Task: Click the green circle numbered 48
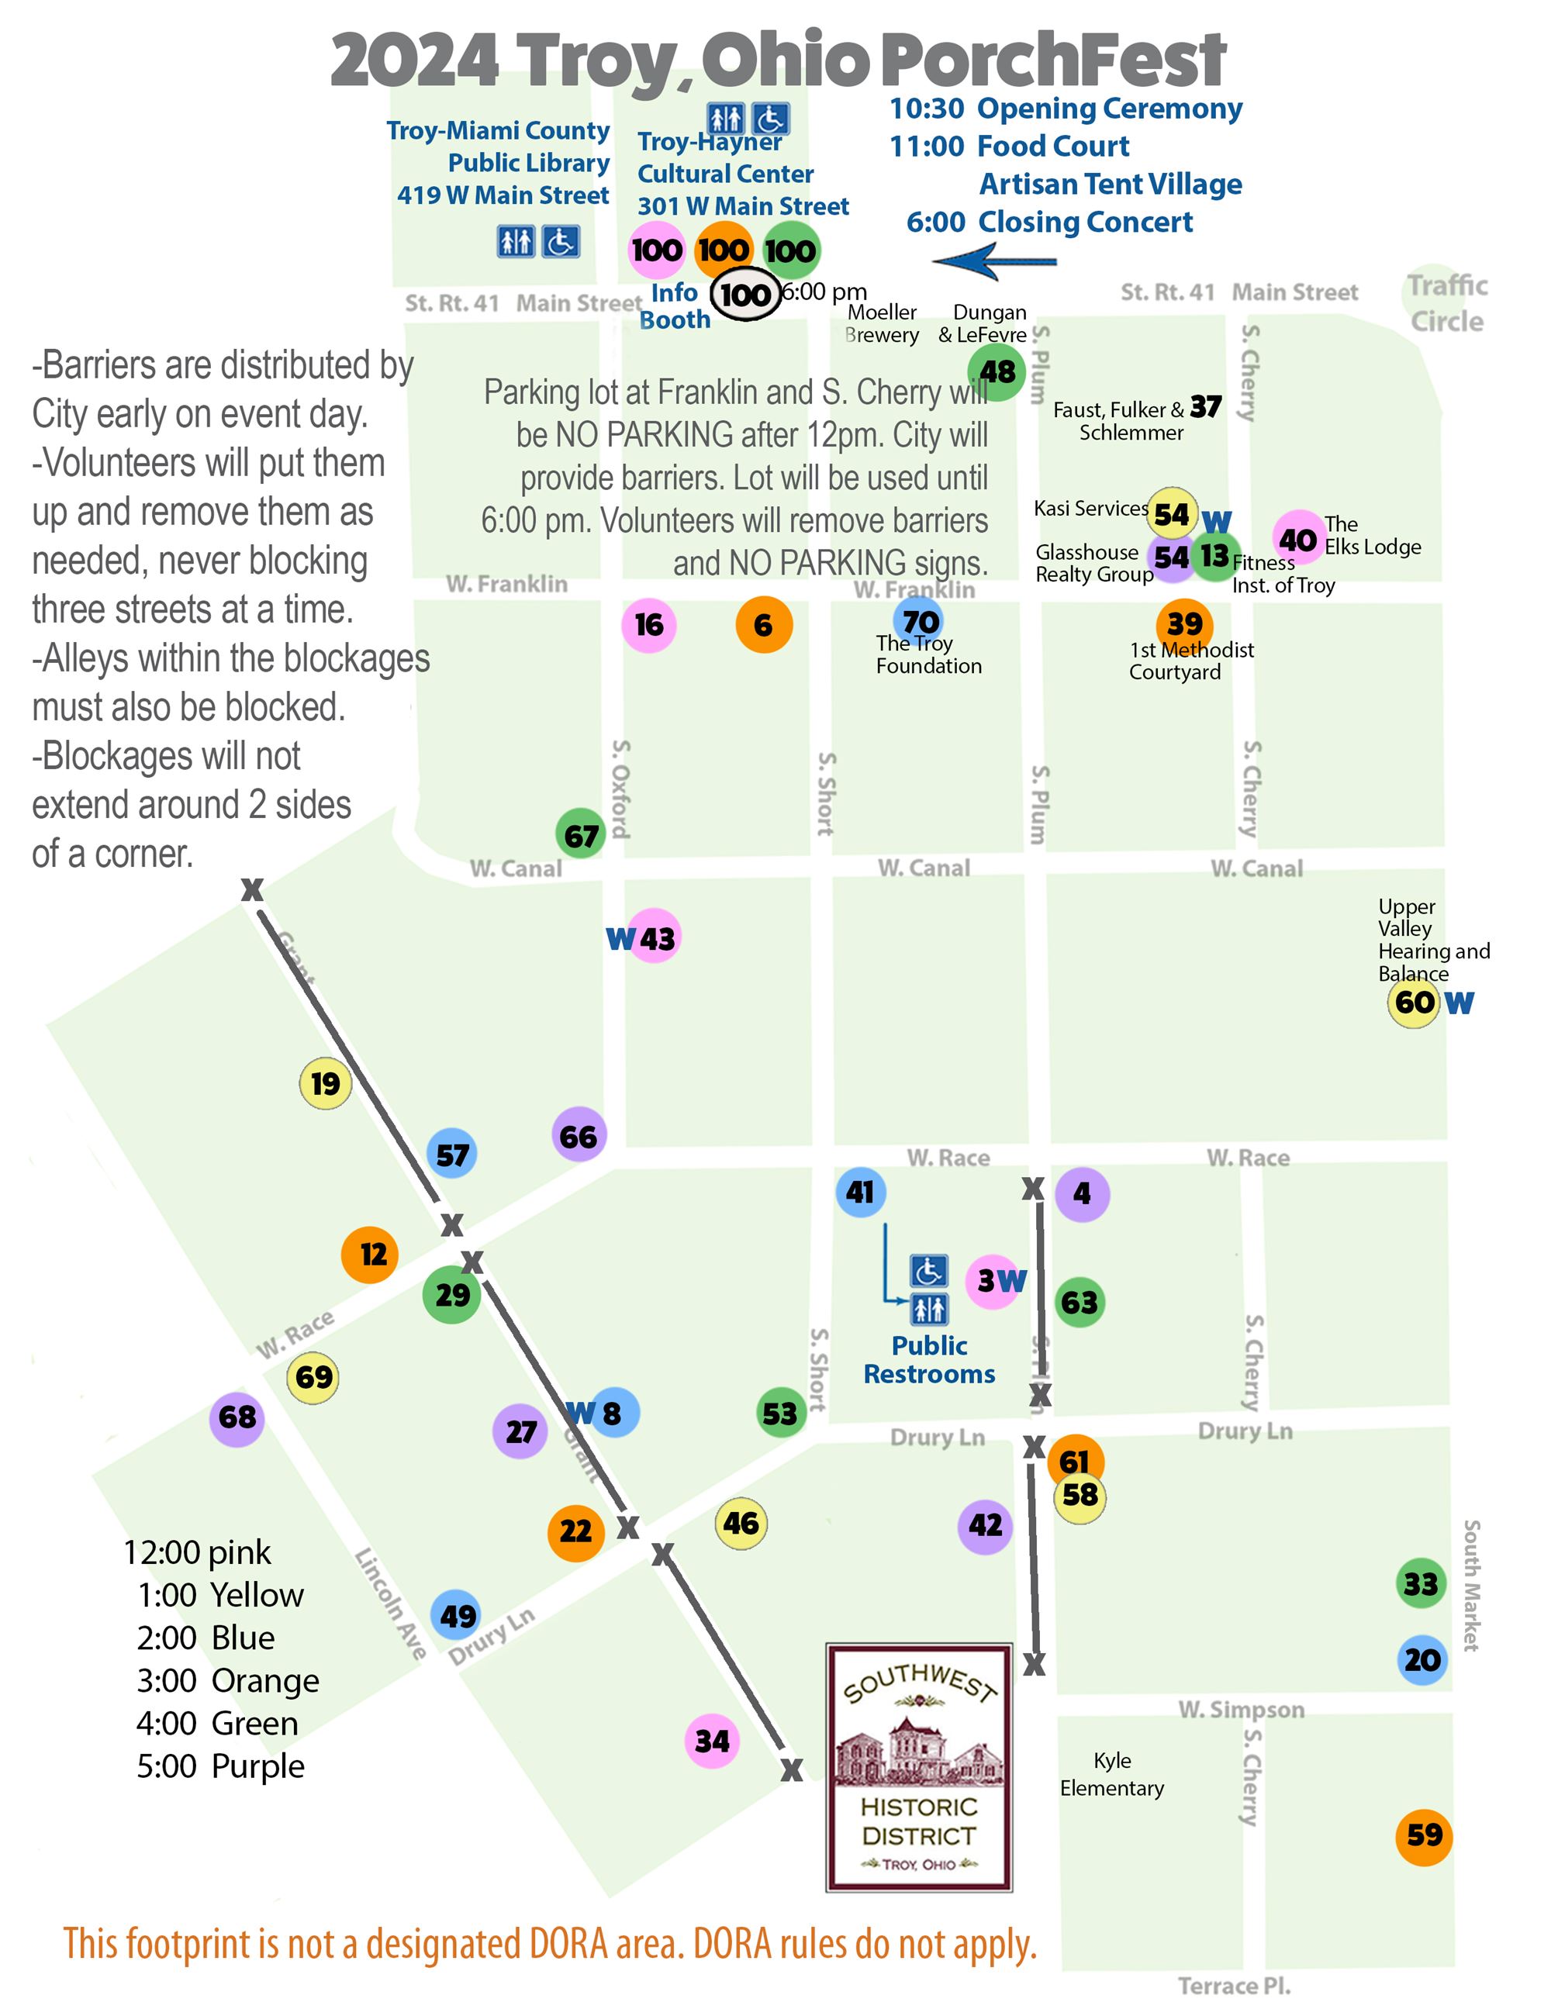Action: pos(997,371)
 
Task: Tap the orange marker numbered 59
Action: pos(1423,1835)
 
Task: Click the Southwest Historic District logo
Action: pos(918,1766)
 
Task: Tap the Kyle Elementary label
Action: pos(1111,1773)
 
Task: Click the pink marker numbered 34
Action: pos(712,1740)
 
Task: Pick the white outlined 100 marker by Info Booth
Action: pos(744,295)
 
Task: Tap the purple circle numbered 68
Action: pos(237,1417)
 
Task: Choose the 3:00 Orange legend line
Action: pos(227,1680)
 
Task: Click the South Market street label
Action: pos(1471,1584)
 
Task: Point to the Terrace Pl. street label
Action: pos(1233,1986)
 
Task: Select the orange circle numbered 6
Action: pos(763,625)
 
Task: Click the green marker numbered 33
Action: pos(1421,1583)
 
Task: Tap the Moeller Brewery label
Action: pos(882,323)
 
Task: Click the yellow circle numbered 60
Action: pos(1414,1002)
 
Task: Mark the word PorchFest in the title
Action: pos(1052,60)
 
